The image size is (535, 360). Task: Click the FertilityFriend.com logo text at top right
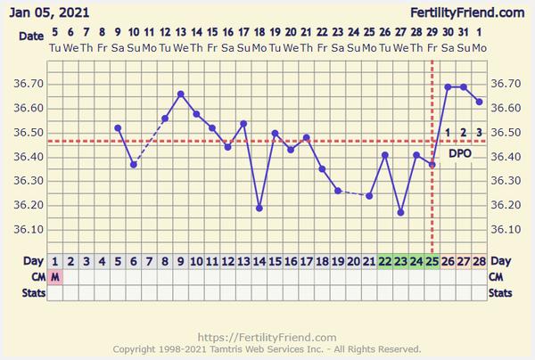click(466, 12)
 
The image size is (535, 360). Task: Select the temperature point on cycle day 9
click(181, 94)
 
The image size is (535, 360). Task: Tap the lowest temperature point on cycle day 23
click(400, 213)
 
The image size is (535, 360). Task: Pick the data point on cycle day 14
click(259, 208)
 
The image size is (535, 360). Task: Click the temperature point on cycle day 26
click(448, 86)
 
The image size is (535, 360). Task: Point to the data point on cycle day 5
click(118, 127)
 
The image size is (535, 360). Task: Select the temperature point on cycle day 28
click(479, 102)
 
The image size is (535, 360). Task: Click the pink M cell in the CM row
click(55, 276)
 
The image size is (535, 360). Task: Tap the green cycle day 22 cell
click(384, 261)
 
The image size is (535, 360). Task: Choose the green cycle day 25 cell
click(432, 261)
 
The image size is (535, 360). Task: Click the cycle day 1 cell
click(55, 261)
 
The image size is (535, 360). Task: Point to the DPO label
click(460, 153)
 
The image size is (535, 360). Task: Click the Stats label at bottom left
click(23, 291)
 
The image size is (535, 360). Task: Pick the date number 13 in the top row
click(181, 34)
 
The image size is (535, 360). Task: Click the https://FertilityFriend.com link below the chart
click(266, 338)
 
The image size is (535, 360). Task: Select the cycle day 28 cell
click(479, 261)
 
